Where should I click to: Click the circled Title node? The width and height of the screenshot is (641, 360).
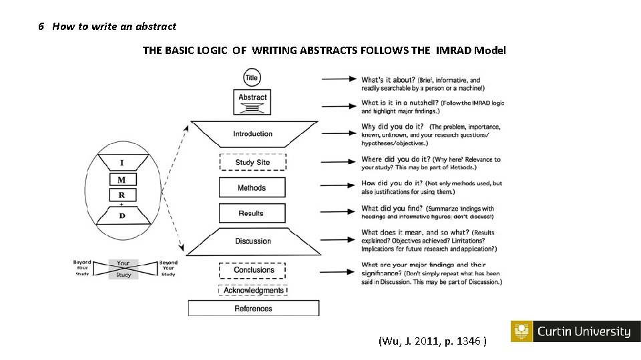click(x=252, y=77)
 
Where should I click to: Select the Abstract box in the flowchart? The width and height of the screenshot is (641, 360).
click(x=252, y=101)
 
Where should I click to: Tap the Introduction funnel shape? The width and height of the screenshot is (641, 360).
click(x=253, y=133)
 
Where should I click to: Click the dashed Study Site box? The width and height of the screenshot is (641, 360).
click(x=252, y=162)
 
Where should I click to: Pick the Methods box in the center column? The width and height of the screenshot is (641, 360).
click(x=252, y=187)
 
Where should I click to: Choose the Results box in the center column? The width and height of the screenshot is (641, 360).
click(x=252, y=213)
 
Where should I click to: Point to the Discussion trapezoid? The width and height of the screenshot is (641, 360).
click(x=253, y=241)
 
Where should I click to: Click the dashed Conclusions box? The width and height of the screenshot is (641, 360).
click(x=252, y=270)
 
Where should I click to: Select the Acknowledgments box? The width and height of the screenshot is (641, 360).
click(x=253, y=291)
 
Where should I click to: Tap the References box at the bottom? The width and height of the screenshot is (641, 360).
click(x=253, y=309)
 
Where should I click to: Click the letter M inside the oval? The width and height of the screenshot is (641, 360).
click(x=122, y=180)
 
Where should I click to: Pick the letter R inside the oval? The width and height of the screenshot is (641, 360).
click(x=122, y=195)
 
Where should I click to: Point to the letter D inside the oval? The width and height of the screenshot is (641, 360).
click(x=122, y=215)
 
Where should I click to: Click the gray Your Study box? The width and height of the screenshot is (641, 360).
click(x=124, y=269)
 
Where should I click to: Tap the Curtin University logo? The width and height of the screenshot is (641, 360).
click(x=575, y=331)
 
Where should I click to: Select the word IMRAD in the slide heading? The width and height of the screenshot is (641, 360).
click(x=453, y=50)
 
